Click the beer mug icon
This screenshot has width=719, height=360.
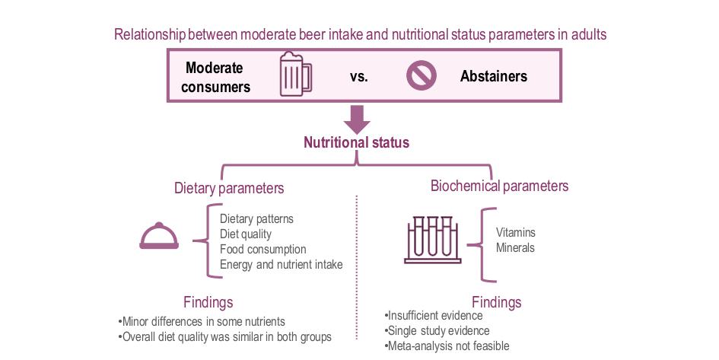(294, 75)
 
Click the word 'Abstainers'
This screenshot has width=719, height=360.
(493, 76)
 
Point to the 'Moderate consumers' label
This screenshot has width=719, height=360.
(215, 76)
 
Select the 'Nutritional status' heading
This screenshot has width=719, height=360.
(356, 142)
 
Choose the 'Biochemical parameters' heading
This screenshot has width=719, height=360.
(499, 186)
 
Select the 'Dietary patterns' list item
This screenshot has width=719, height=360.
(256, 219)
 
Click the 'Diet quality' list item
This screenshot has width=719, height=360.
(245, 234)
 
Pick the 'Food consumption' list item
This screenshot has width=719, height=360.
(262, 250)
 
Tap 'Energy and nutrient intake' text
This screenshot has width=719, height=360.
(281, 265)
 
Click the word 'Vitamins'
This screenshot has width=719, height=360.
(516, 233)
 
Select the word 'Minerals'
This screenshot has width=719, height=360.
(515, 248)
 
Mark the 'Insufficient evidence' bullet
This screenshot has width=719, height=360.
(434, 316)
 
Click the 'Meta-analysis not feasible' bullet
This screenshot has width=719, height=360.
(447, 346)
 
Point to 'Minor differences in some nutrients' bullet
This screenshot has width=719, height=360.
(202, 321)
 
